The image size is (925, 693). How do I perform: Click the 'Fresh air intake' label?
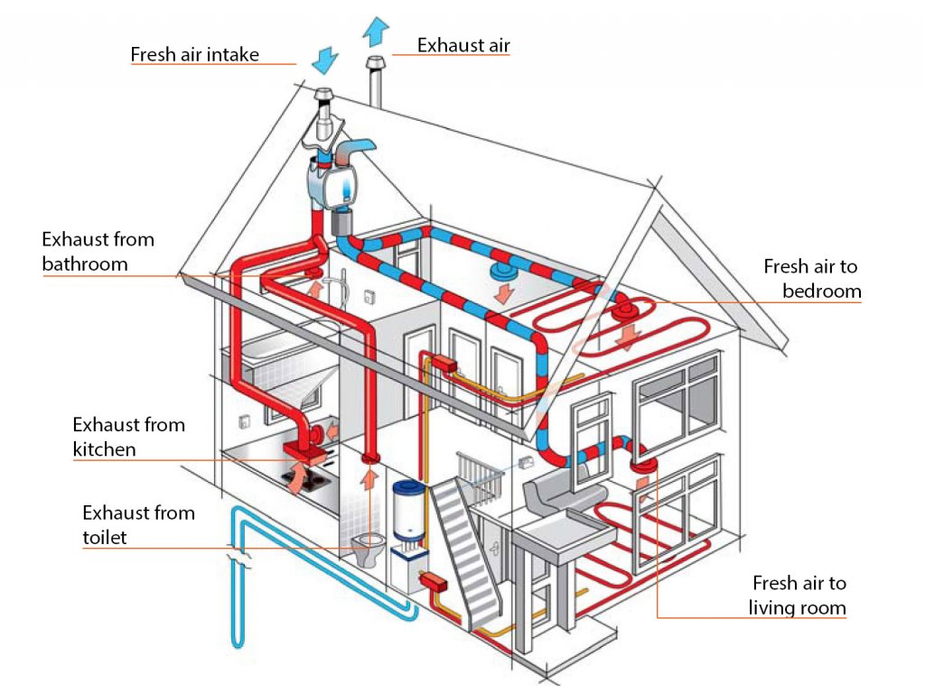195,54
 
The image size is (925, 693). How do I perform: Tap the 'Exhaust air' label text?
463,45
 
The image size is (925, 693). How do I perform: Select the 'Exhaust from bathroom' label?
98,252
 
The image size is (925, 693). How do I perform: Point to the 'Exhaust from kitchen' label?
128,437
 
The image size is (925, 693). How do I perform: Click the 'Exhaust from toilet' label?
138,524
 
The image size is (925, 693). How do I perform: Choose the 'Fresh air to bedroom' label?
812,278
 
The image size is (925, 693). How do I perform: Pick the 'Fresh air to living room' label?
798,596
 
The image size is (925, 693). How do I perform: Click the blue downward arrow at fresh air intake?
324,60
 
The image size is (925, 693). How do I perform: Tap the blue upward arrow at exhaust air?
376,32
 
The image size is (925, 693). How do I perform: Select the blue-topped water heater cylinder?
408,511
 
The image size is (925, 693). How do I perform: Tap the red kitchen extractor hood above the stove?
304,451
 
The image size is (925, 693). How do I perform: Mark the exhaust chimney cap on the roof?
376,62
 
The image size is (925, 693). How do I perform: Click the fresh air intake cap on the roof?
323,94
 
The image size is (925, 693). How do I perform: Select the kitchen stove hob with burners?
305,481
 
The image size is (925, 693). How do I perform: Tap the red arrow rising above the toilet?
369,478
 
